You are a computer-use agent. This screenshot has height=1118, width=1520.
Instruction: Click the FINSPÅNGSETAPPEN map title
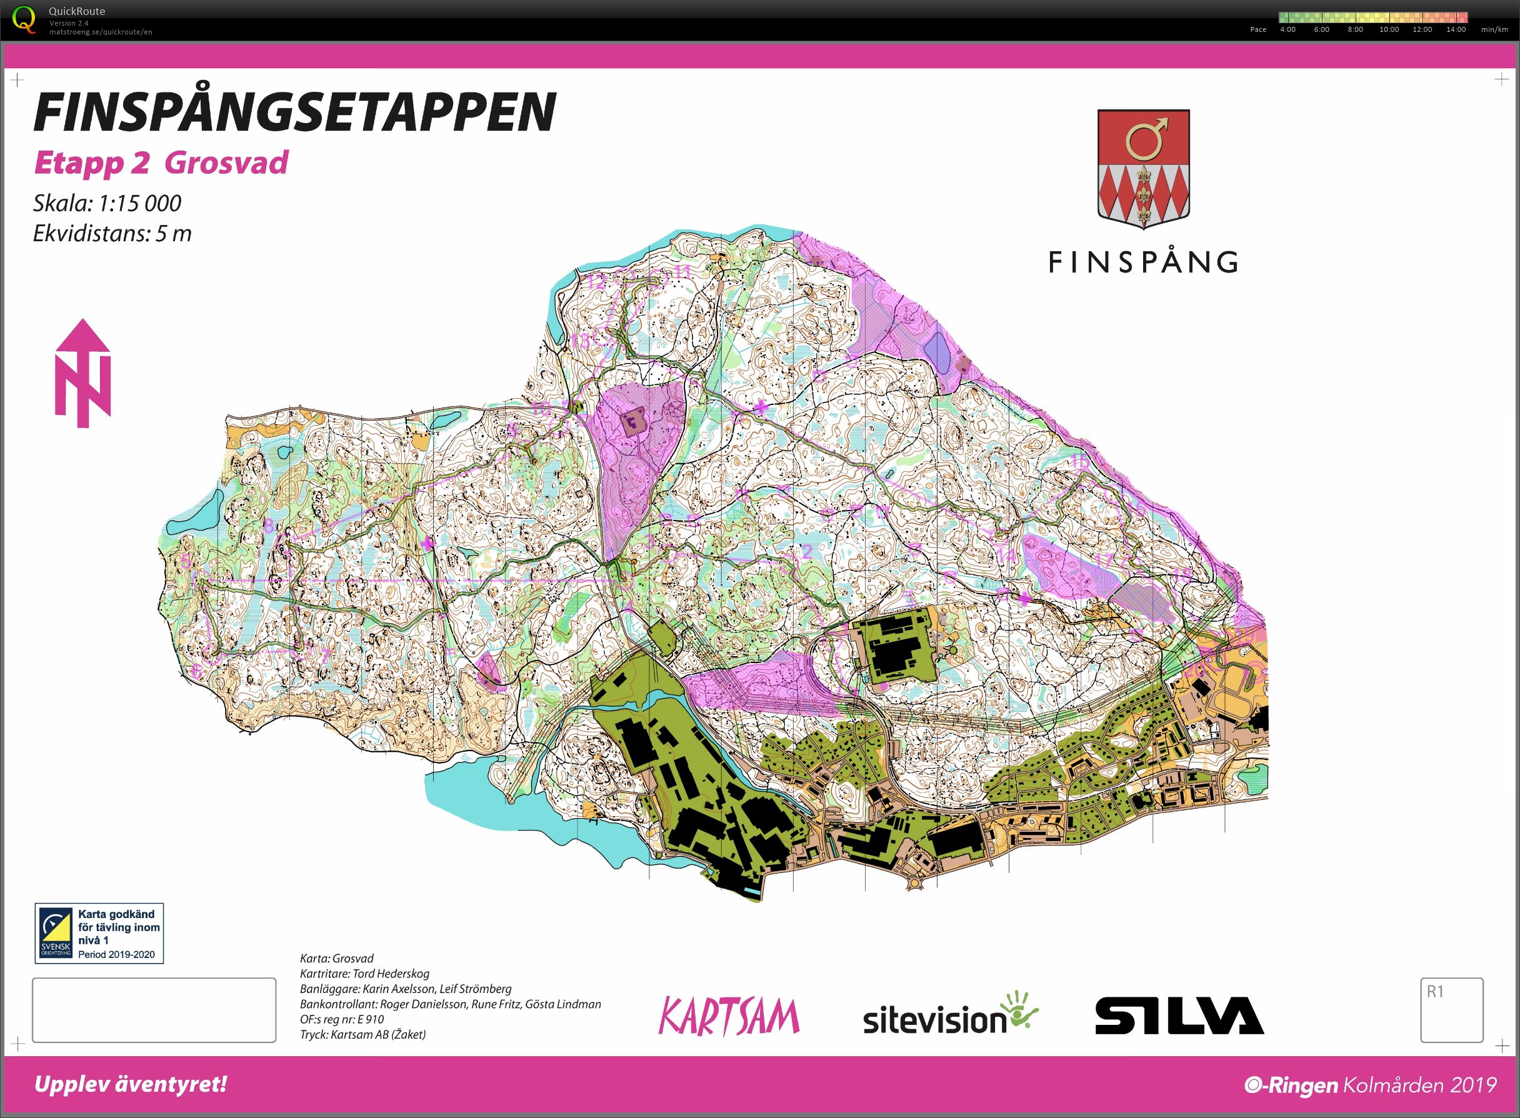294,112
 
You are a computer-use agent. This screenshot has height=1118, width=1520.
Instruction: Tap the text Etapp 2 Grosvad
161,163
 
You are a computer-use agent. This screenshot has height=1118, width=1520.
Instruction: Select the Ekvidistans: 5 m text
112,234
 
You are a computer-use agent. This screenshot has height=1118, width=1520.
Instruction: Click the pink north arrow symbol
82,374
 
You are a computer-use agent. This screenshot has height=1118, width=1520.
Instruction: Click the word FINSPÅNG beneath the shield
1143,262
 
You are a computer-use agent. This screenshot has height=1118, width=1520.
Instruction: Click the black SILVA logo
1179,1015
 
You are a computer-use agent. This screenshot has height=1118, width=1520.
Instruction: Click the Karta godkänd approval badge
99,933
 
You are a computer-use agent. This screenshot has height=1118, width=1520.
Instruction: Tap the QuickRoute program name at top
76,11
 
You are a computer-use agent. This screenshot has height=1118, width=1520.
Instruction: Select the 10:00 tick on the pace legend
1389,30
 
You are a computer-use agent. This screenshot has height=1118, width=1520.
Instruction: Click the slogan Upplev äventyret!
130,1085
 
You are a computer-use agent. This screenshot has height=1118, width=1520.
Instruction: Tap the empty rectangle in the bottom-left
154,1010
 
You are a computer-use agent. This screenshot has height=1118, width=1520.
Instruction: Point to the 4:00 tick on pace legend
1287,30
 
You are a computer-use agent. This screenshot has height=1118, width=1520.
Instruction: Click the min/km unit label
1494,30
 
